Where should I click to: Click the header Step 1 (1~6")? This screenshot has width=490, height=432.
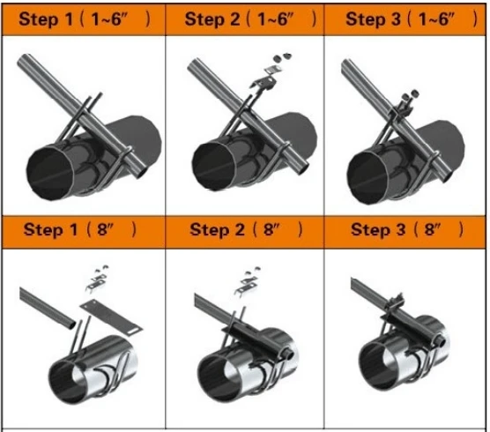(x=82, y=19)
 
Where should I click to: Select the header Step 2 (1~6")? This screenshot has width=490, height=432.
(x=244, y=19)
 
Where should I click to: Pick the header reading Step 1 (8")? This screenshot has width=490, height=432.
(x=82, y=230)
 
